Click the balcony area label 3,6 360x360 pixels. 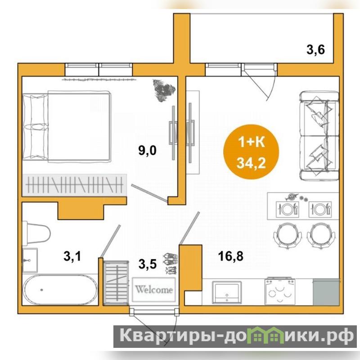[316, 50]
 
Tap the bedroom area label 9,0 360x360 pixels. [147, 151]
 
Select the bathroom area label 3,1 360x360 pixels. [72, 256]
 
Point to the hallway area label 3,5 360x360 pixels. [148, 264]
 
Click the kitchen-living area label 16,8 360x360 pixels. [231, 256]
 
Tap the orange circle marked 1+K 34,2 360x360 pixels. [251, 152]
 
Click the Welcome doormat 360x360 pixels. [154, 290]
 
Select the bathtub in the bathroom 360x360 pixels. [60, 290]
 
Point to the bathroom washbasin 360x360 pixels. [30, 260]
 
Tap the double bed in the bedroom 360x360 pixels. [67, 126]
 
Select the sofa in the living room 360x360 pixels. [319, 136]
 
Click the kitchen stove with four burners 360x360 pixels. [280, 291]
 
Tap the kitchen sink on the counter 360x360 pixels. [227, 292]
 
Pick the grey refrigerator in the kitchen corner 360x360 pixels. [326, 292]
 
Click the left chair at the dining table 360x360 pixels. [288, 235]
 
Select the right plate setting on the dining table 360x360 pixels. [320, 209]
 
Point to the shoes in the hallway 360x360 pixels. [171, 263]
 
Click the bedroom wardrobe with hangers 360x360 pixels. [75, 185]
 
